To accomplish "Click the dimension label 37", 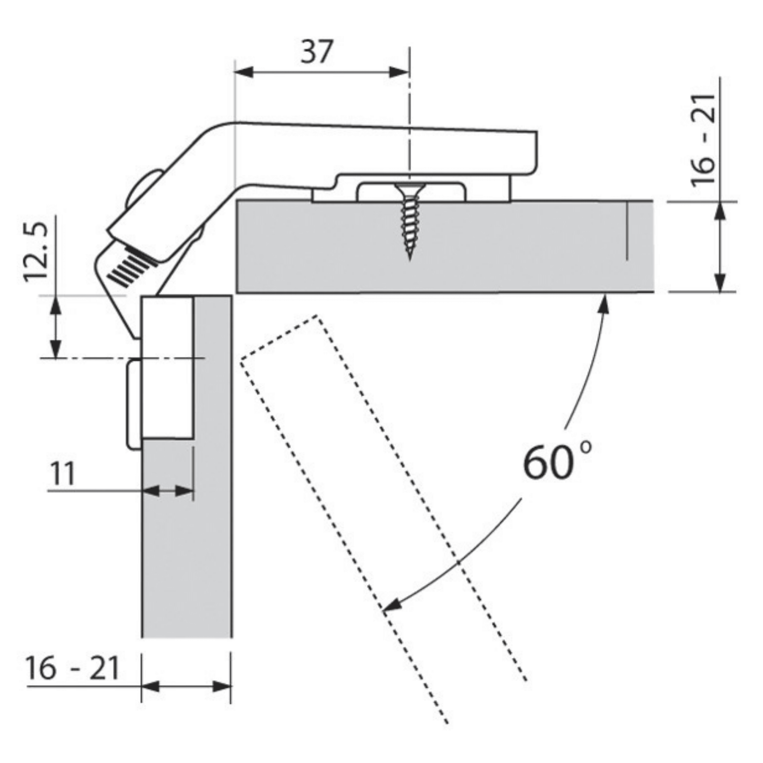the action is pos(317,51).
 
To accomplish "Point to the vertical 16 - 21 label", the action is pos(703,139).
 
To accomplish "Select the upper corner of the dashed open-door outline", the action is pos(316,315).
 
